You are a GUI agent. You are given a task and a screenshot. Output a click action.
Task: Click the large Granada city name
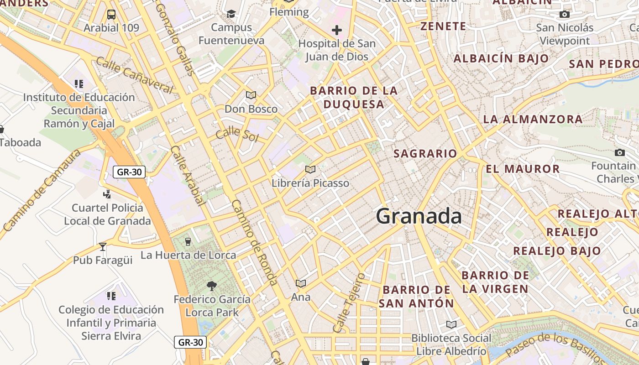coord(419,216)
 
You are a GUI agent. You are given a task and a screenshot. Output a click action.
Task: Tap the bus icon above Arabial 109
coord(111,15)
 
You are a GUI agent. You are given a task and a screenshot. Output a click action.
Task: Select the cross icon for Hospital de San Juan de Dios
coord(337,31)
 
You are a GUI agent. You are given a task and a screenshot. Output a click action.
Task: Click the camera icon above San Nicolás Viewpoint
coord(565,15)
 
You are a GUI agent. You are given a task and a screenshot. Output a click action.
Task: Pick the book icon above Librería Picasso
coord(310,170)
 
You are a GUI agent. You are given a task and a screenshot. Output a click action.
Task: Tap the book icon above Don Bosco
coord(251,95)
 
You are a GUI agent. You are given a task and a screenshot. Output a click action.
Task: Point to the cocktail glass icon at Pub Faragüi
coord(103,247)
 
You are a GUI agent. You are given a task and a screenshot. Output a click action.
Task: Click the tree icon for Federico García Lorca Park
coord(211,286)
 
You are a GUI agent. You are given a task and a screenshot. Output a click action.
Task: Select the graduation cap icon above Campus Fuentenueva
coord(231,14)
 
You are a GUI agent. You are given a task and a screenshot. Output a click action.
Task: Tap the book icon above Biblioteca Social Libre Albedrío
coord(451,325)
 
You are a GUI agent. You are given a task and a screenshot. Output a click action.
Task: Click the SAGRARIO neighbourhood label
coord(425,154)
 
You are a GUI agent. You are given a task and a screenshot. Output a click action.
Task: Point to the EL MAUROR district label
coord(523,169)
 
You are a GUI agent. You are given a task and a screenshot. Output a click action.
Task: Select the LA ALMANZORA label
coord(533,120)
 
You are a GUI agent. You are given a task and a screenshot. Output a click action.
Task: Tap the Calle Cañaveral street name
coord(134,75)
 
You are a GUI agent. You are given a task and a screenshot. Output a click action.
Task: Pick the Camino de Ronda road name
coord(255,242)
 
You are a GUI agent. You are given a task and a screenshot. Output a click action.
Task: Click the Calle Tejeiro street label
coord(349,303)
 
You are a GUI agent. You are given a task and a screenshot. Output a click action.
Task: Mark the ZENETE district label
coord(443,26)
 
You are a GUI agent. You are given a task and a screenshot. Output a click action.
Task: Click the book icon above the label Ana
coord(300,284)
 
